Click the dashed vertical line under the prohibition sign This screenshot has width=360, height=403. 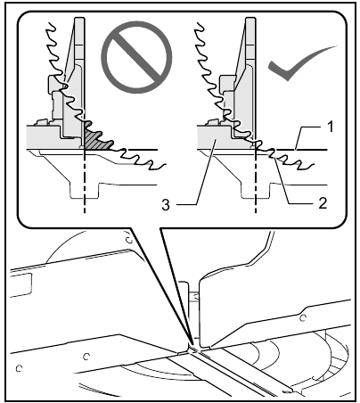click(x=83, y=187)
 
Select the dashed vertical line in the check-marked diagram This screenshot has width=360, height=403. click(x=256, y=187)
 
